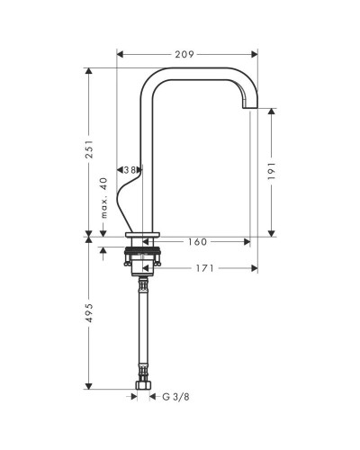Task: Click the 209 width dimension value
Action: tap(184, 54)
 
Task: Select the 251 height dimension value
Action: tap(89, 149)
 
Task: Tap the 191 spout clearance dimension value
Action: tap(272, 171)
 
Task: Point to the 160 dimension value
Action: tap(197, 242)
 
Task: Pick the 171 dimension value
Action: tap(205, 268)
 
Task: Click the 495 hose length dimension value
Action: tap(89, 313)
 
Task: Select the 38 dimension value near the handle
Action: tap(130, 170)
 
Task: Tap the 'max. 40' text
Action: tap(103, 198)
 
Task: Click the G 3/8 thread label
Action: tap(175, 397)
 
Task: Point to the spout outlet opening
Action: tap(250, 108)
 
